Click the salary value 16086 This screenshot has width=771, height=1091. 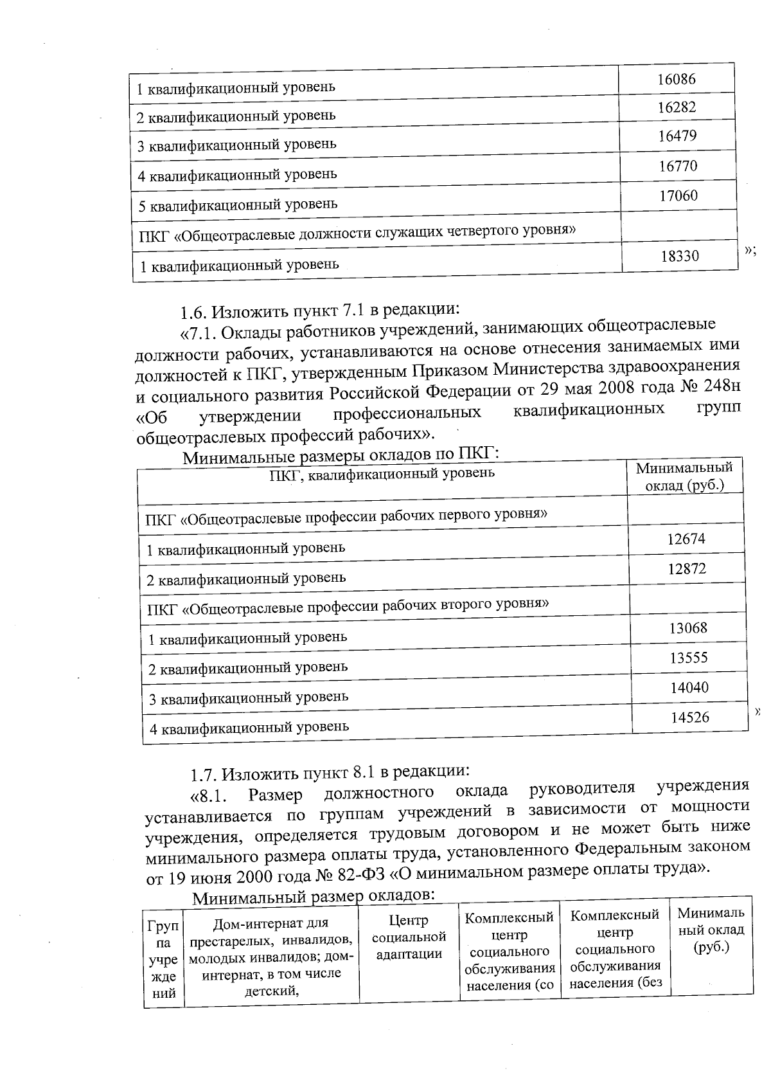[x=676, y=79]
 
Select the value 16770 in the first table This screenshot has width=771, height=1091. [x=677, y=166]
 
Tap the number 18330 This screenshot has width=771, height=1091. [x=680, y=256]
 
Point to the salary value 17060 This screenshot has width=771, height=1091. [x=678, y=195]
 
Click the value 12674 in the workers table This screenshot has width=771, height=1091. [x=686, y=539]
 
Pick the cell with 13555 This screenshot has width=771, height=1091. [x=689, y=658]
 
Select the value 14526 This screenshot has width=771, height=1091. [x=690, y=717]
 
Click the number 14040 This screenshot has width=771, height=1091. [x=689, y=687]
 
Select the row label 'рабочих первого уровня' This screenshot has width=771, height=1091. [x=346, y=516]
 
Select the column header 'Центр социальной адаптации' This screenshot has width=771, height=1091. [x=409, y=937]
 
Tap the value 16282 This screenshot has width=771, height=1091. [x=676, y=107]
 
